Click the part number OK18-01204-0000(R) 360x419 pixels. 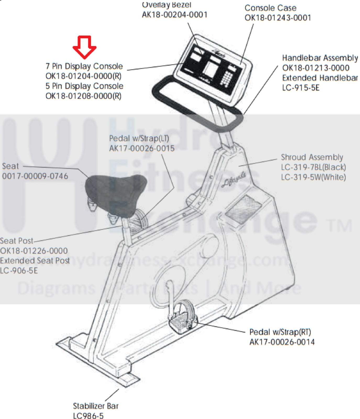pyautogui.click(x=83, y=76)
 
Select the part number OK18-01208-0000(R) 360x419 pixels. pyautogui.click(x=83, y=96)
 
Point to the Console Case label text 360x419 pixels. pyautogui.click(x=270, y=8)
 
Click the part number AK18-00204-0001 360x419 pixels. pyautogui.click(x=174, y=15)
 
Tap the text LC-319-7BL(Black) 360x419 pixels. pyautogui.click(x=313, y=167)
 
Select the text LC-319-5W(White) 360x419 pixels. pyautogui.click(x=313, y=177)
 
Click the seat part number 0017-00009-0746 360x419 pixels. pyautogui.click(x=35, y=176)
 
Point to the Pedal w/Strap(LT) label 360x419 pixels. pyautogui.click(x=139, y=138)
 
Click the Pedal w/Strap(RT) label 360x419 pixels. pyautogui.click(x=280, y=332)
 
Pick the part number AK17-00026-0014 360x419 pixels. pyautogui.click(x=282, y=342)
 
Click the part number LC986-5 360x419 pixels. pyautogui.click(x=88, y=416)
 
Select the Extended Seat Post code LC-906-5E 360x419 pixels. pyautogui.click(x=19, y=270)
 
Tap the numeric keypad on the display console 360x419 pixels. pyautogui.click(x=227, y=78)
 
